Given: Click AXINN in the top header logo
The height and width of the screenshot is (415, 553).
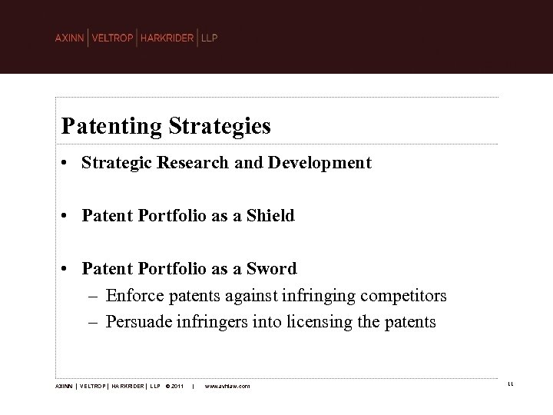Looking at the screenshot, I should coord(70,38).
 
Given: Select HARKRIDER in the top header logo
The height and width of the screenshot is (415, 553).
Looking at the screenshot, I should coord(167,38).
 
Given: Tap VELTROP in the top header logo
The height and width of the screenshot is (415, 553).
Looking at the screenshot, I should coord(112,38).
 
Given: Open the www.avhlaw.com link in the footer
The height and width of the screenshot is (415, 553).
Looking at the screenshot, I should coord(227,386).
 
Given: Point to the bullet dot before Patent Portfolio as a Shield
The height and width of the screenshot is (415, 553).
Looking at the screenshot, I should coord(68,217).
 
